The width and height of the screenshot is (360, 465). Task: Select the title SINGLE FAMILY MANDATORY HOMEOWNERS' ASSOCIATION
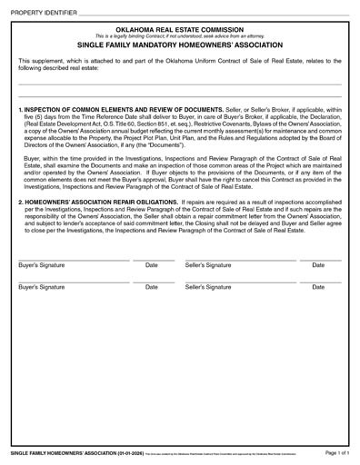tap(180, 45)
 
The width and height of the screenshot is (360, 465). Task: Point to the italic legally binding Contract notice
tap(180, 36)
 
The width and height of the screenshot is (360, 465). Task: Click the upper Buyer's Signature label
tap(43, 265)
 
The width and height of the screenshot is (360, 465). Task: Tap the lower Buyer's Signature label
tap(43, 287)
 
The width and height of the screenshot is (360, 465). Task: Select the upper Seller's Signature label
tap(208, 265)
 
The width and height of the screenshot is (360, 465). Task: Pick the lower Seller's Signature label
tap(208, 287)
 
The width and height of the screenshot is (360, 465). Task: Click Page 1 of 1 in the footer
tap(335, 452)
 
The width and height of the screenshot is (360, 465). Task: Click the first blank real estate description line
tap(180, 84)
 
